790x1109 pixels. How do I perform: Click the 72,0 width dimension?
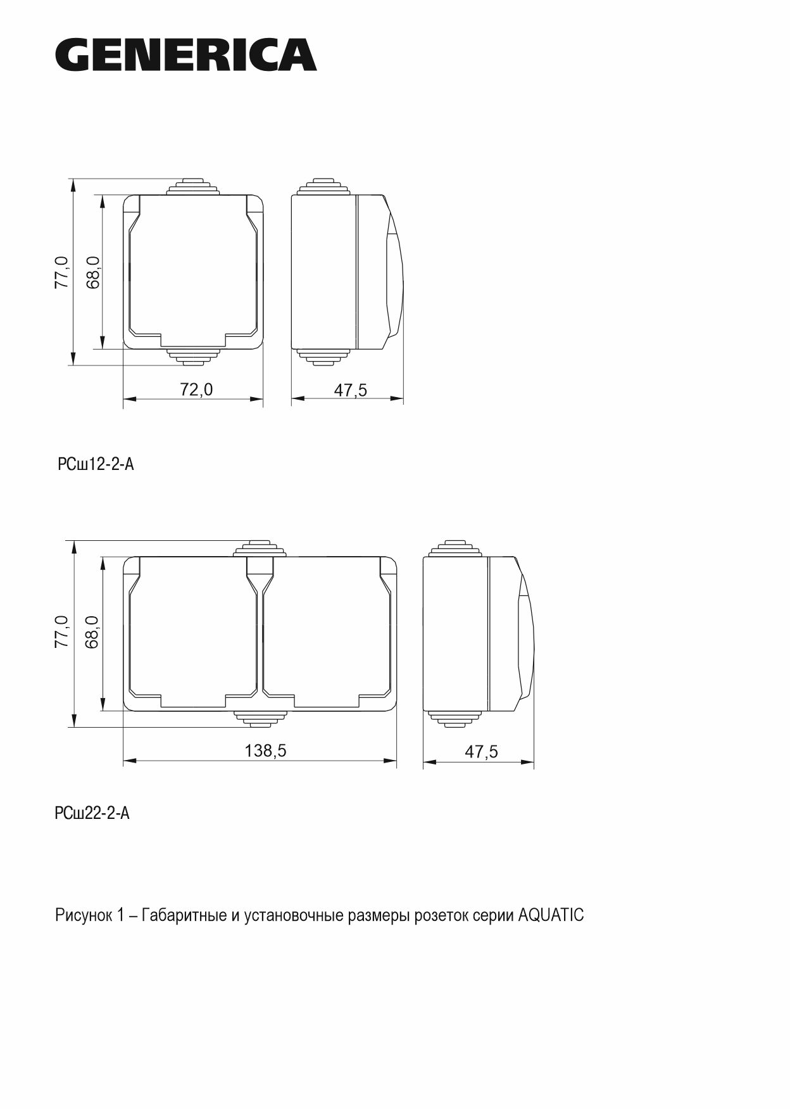(x=196, y=389)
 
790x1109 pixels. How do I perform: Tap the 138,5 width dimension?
(x=266, y=750)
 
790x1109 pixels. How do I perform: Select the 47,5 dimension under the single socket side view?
(x=350, y=390)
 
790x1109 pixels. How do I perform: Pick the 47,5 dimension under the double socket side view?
(x=481, y=751)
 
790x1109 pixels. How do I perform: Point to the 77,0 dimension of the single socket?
(x=61, y=272)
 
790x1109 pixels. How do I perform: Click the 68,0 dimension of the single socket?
(x=93, y=272)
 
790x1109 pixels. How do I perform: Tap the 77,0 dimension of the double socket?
(x=61, y=631)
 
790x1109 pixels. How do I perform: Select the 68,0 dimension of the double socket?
(x=92, y=631)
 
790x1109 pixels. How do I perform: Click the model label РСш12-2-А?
(x=96, y=464)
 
